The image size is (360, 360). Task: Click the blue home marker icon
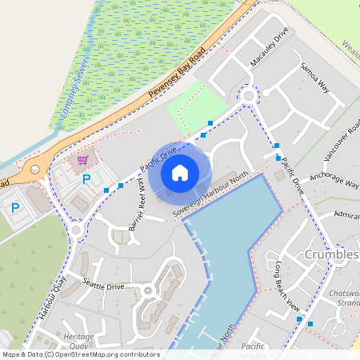click(x=180, y=172)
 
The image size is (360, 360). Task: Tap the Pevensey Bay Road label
click(x=177, y=77)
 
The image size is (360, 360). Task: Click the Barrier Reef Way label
click(x=138, y=210)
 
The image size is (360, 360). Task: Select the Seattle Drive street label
click(x=103, y=285)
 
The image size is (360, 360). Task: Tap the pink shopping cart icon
click(x=82, y=160)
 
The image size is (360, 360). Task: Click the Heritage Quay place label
click(x=78, y=342)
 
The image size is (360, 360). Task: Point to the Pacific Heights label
click(x=252, y=350)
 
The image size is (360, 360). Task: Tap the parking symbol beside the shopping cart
click(x=86, y=178)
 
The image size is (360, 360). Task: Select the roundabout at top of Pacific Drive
click(x=249, y=96)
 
